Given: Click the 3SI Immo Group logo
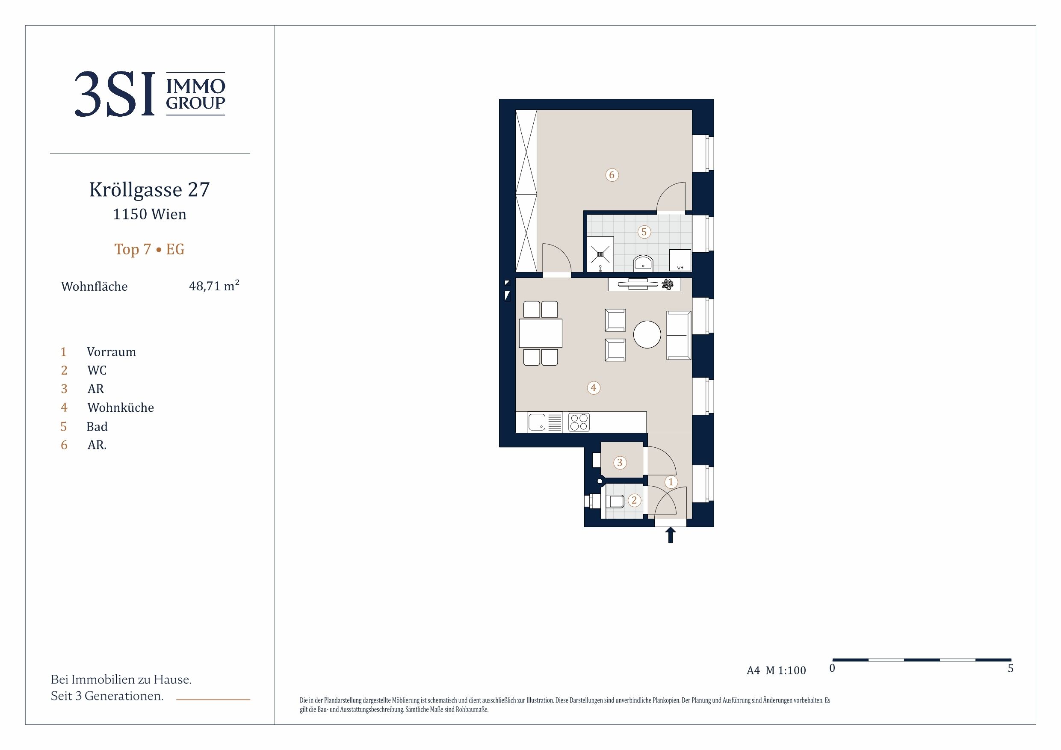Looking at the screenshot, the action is [150, 94].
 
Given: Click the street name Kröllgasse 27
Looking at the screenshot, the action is [150, 189].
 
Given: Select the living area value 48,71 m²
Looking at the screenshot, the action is [214, 286].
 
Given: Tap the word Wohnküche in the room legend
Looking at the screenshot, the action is [121, 407].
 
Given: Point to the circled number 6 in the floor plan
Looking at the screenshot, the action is [612, 175].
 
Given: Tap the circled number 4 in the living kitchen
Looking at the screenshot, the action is [593, 388].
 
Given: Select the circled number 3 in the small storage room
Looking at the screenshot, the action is [620, 462].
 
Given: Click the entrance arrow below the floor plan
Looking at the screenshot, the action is [670, 536].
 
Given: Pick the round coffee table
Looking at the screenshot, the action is [647, 334].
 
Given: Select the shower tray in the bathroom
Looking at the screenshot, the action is [600, 254].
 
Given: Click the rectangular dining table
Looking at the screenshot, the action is [541, 333].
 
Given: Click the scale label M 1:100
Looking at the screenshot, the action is [786, 670].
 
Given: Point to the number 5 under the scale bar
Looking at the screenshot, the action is [1011, 668].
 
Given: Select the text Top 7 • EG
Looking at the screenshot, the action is [149, 250].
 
